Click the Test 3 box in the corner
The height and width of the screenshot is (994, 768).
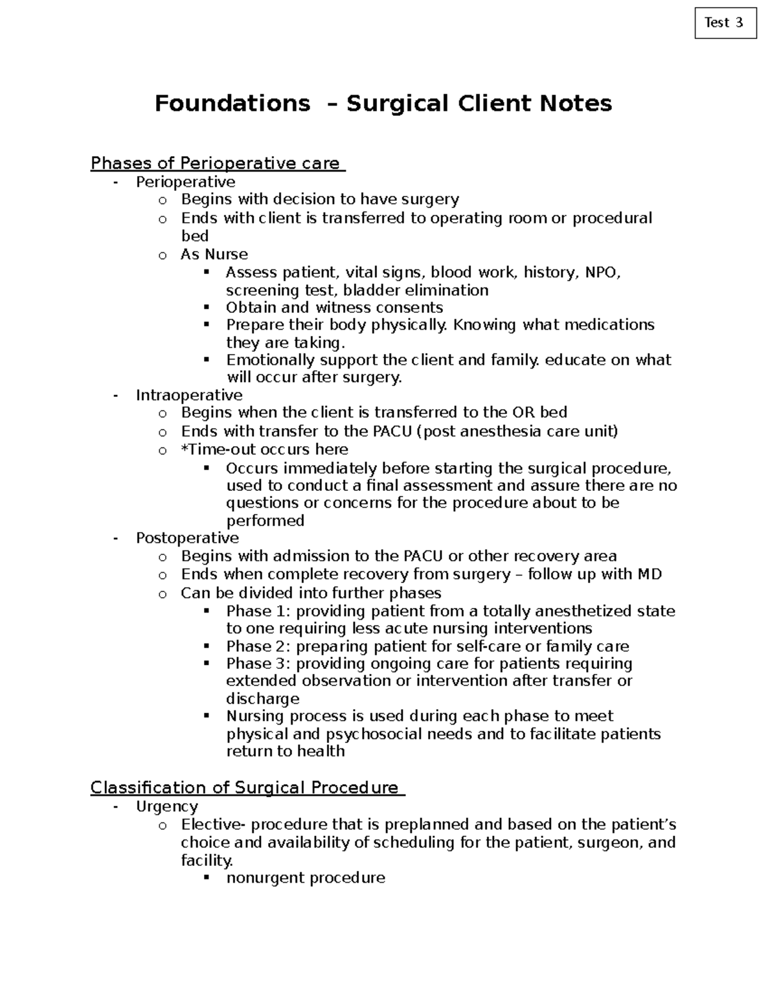pos(724,23)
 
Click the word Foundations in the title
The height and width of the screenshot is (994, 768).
pos(232,103)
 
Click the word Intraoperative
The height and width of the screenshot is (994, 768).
pos(189,395)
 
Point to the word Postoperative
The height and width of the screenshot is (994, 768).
pos(187,538)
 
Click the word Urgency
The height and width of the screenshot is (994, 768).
pos(166,806)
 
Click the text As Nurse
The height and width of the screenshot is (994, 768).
pos(214,254)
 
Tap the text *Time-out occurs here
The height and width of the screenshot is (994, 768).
pos(264,449)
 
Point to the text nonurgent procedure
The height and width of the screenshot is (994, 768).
pos(305,878)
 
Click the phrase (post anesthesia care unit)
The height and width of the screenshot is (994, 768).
pos(517,431)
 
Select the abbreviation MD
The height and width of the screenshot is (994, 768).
pos(649,574)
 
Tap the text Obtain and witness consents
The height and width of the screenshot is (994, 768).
pos(334,307)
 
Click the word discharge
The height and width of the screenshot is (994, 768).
pos(262,699)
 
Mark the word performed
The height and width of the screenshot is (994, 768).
pos(265,520)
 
